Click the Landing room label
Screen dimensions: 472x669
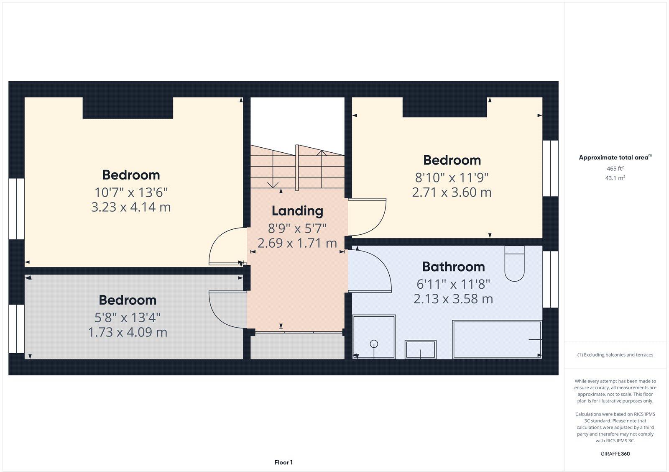tap(297, 211)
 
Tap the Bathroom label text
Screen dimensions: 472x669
tap(453, 267)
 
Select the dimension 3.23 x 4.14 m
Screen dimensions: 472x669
tap(131, 207)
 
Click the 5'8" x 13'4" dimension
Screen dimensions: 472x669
tap(128, 318)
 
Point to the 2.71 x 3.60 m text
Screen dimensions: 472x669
tap(452, 192)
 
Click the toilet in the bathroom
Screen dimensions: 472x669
tap(514, 264)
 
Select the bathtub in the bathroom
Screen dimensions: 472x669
tap(497, 339)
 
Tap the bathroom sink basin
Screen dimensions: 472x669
tap(420, 349)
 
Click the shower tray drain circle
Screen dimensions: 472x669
tap(374, 344)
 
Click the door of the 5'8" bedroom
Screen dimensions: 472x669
tap(226, 310)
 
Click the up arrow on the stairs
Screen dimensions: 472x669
tap(321, 153)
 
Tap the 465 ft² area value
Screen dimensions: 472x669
tap(615, 169)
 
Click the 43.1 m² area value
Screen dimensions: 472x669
tap(615, 178)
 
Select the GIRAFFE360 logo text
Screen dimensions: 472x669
tap(615, 454)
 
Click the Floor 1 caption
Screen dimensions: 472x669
tap(283, 462)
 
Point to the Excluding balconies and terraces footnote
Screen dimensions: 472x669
tap(615, 355)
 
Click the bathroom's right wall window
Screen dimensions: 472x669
tap(551, 280)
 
